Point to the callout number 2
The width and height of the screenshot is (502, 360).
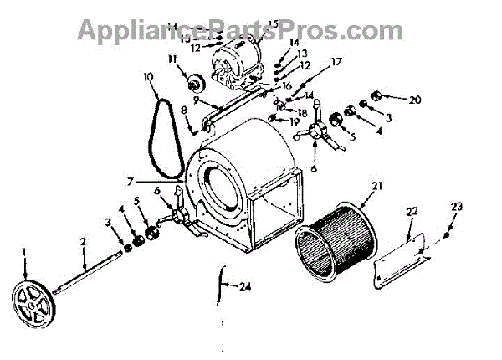(84, 241)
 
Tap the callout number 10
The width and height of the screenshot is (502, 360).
(149, 77)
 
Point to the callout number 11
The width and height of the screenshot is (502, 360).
(174, 59)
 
